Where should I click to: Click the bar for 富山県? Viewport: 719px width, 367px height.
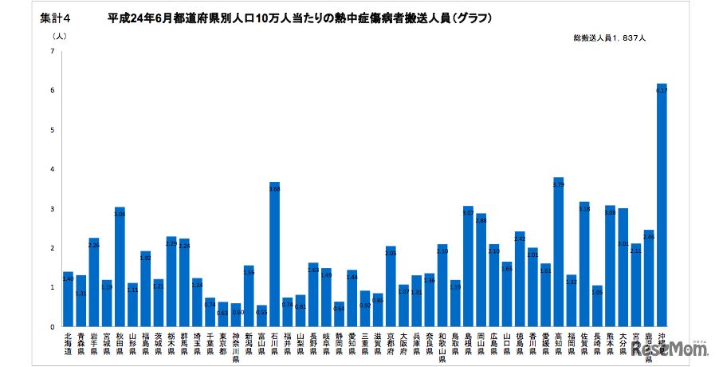pos(261,315)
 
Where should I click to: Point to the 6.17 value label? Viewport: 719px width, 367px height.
pos(662,91)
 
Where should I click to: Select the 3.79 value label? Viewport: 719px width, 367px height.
pos(558,184)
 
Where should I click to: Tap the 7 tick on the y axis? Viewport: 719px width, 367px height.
pos(52,52)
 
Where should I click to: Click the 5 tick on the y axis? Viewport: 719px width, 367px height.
pos(52,130)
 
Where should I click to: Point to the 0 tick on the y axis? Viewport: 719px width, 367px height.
pos(52,326)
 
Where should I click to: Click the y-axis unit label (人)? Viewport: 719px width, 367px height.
pos(60,36)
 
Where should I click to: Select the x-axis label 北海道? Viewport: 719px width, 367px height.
pos(68,342)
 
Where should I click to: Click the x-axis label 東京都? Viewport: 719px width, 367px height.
pos(222,342)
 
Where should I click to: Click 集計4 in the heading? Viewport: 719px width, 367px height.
pos(54,17)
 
